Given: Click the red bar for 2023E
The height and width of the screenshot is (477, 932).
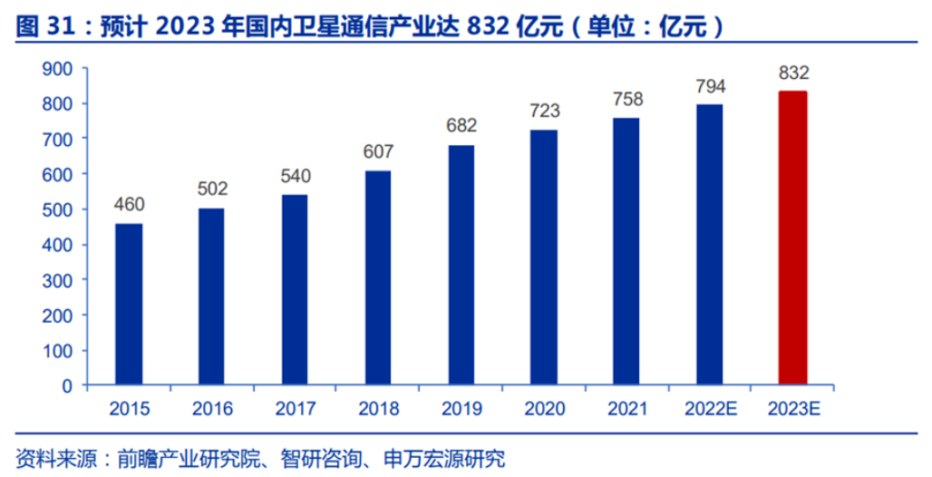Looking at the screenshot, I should click(792, 238).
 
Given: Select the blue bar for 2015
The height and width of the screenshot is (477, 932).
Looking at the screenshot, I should click(129, 304).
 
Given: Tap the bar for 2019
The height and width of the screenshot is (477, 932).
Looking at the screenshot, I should click(461, 265).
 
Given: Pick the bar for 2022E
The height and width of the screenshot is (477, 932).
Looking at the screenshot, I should click(709, 245).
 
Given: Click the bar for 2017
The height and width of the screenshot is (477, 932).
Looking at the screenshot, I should click(295, 289).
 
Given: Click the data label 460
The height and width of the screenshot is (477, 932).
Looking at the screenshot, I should click(129, 204).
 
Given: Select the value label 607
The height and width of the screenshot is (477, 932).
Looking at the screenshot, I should click(378, 152).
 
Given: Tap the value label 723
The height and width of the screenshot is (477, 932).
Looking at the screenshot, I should click(544, 112).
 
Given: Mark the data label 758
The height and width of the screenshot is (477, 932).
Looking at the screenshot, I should click(626, 99).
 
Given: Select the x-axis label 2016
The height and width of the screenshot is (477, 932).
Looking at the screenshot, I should click(211, 409).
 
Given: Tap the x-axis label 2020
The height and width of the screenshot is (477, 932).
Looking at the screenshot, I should click(544, 409).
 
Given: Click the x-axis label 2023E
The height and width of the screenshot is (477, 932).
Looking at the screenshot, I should click(792, 409).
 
